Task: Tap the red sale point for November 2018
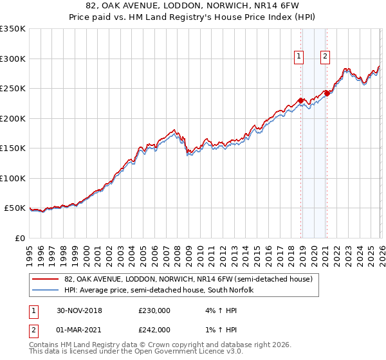(x=301, y=100)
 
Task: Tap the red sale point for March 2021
(x=327, y=93)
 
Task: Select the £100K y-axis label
(x=13, y=178)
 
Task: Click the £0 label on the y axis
(x=19, y=238)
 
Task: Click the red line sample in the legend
(x=46, y=279)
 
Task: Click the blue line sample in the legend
(x=46, y=290)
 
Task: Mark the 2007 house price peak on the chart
(x=174, y=130)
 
